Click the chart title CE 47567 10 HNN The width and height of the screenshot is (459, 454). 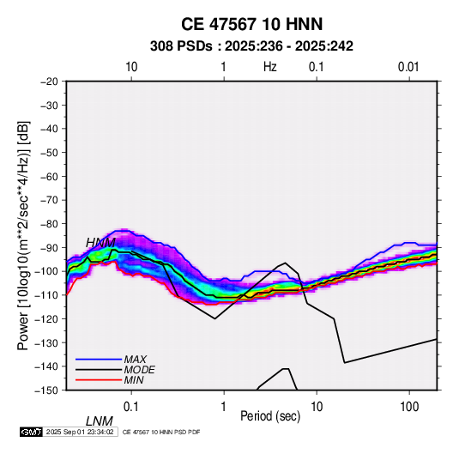pos(251,24)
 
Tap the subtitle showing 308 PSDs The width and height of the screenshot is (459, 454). pos(251,46)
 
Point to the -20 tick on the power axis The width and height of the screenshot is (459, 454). pos(49,82)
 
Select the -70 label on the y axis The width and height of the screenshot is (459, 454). pos(49,200)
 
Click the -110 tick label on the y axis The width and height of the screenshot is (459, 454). pos(47,295)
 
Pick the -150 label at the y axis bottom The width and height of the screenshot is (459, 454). pos(47,390)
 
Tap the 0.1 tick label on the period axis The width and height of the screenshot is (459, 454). pos(131,407)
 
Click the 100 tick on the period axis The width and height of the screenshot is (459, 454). pos(409,407)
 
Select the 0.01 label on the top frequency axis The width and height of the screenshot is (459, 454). pos(408,67)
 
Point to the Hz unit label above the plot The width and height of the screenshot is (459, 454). pos(270,67)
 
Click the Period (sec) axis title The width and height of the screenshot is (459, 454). pos(270,416)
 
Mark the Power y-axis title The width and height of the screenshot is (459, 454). pos(23,236)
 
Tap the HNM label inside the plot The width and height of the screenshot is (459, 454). pos(100,243)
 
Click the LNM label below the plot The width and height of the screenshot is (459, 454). pos(100,421)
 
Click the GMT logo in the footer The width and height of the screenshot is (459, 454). pos(31,432)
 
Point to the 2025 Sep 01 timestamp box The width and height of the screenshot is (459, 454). pos(80,432)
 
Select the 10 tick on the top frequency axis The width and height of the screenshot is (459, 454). pos(131,67)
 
